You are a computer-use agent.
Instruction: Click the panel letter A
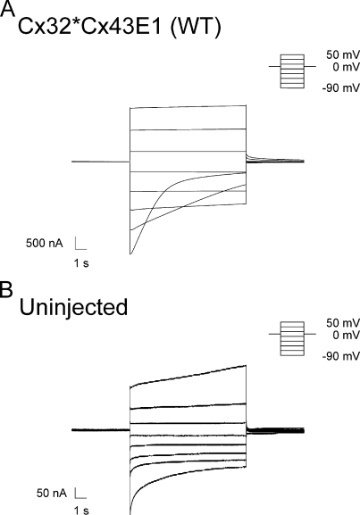(x=7, y=9)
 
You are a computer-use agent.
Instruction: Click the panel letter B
(x=6, y=289)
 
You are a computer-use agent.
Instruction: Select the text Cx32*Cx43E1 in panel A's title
(x=89, y=27)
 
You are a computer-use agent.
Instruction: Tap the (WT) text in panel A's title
(x=196, y=27)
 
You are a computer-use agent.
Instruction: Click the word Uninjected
(x=73, y=308)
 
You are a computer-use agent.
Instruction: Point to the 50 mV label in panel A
(x=343, y=54)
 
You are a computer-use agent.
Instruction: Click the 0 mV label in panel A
(x=346, y=67)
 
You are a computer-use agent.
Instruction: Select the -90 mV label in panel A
(x=341, y=88)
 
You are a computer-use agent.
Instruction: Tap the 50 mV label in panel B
(x=343, y=323)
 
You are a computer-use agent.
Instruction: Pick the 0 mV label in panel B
(x=346, y=336)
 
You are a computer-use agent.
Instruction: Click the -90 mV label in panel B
(x=341, y=356)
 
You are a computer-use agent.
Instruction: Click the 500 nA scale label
(x=45, y=244)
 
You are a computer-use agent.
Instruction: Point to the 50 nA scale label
(x=52, y=494)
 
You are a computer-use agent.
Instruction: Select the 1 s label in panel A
(x=81, y=263)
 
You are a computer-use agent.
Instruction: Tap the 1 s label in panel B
(x=81, y=510)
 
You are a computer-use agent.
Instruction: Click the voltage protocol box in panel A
(x=292, y=71)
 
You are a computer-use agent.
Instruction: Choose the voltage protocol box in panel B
(x=292, y=338)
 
